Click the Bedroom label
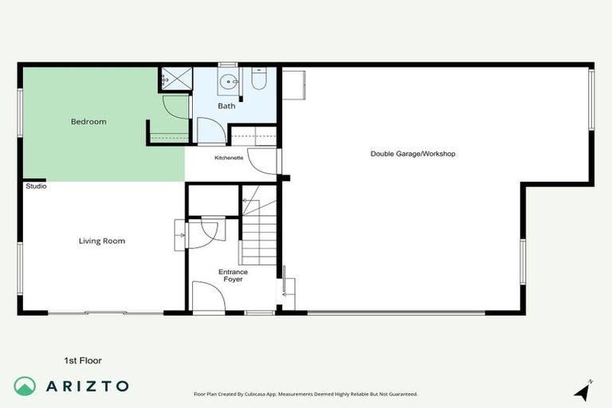(88, 122)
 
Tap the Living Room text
(101, 241)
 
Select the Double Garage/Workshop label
(413, 153)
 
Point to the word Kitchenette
(229, 158)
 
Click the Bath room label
(226, 106)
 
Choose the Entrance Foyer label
(233, 276)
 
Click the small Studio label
(36, 186)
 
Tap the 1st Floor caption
(83, 360)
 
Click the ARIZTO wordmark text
(88, 386)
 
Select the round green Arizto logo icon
(25, 386)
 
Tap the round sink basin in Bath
(230, 81)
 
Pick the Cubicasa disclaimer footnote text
(305, 394)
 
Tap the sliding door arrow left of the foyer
(179, 236)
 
